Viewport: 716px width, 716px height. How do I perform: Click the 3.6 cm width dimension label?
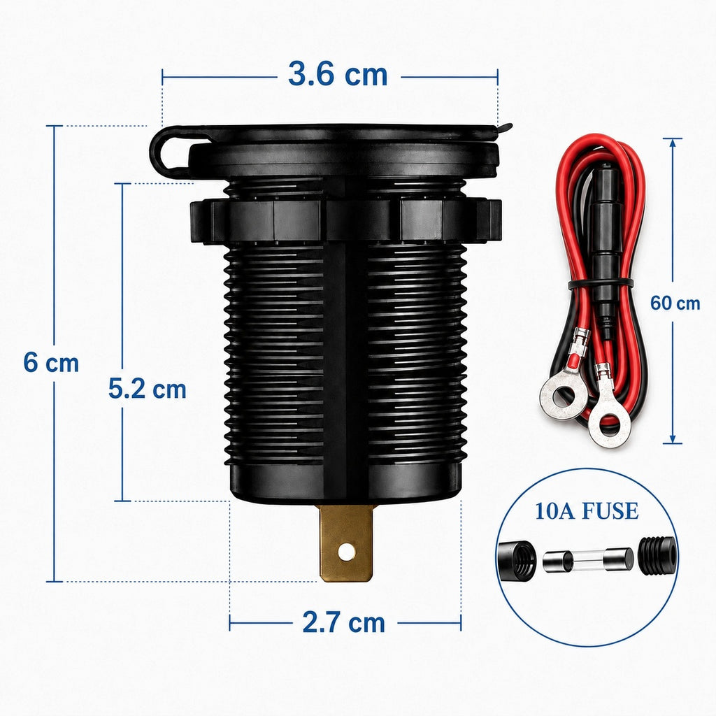[338, 74]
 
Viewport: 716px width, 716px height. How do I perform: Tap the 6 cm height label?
[51, 363]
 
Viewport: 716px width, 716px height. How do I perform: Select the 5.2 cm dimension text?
[147, 389]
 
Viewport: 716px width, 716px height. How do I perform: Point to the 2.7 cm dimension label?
[343, 622]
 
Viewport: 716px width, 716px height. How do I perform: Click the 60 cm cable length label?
[675, 303]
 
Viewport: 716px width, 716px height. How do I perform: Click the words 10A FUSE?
[587, 510]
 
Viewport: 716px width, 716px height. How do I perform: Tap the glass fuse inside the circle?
[588, 560]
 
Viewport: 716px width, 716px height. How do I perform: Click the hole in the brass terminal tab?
[346, 552]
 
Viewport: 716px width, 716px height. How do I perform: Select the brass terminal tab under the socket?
[346, 543]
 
